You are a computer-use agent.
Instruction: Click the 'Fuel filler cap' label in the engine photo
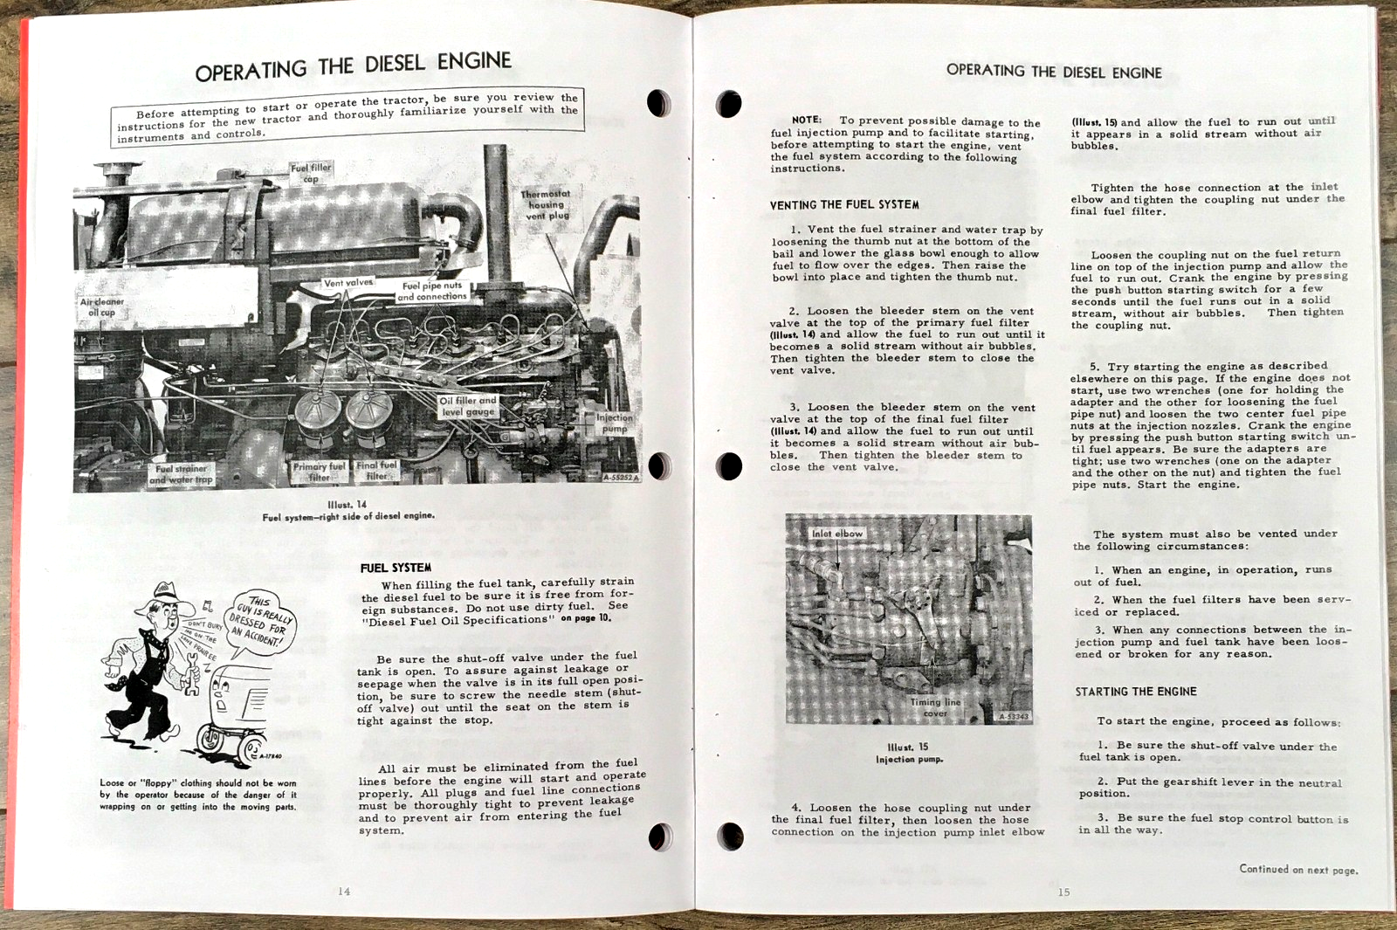tap(311, 173)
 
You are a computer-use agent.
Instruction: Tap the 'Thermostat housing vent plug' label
tap(546, 205)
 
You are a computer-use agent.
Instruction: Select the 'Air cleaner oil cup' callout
tap(102, 307)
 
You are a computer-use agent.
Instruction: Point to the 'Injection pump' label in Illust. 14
tap(615, 423)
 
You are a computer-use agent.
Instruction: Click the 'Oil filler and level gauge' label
tap(468, 406)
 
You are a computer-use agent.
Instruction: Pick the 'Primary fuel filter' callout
tap(319, 472)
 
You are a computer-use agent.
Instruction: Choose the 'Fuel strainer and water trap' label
tap(181, 474)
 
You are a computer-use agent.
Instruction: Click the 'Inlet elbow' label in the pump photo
tap(836, 534)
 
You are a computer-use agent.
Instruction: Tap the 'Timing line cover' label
tap(935, 707)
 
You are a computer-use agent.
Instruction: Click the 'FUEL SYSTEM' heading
tap(396, 568)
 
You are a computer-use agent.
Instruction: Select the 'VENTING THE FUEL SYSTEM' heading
tap(843, 205)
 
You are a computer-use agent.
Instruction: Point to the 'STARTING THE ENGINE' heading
tap(1135, 692)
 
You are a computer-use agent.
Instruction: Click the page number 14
tap(344, 891)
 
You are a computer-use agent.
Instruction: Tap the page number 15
tap(1063, 892)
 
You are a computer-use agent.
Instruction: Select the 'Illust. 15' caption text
tap(908, 747)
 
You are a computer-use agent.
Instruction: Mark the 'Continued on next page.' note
tap(1298, 869)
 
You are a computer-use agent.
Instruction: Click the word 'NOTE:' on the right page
tap(806, 120)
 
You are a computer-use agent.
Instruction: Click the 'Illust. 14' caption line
tap(348, 505)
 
